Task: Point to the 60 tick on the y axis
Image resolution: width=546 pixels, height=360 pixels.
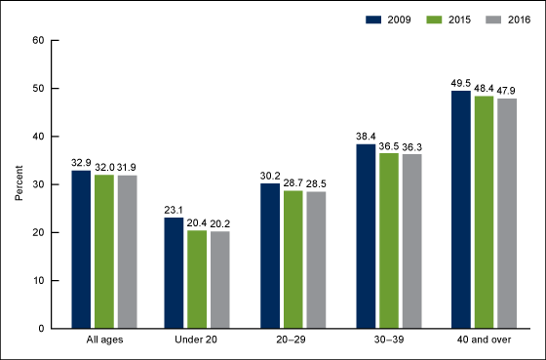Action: pyautogui.click(x=38, y=41)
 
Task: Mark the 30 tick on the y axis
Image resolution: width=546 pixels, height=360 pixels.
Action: pyautogui.click(x=38, y=184)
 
